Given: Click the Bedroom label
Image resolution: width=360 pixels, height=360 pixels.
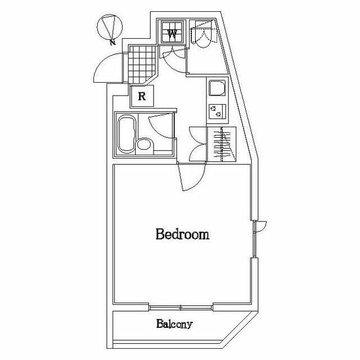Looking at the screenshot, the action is click(x=182, y=234).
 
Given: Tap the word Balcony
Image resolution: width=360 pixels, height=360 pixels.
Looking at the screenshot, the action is click(x=174, y=324).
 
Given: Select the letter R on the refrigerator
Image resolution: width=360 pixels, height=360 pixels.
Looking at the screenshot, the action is click(x=142, y=96).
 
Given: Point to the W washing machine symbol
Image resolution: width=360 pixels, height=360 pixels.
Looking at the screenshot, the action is click(x=172, y=32).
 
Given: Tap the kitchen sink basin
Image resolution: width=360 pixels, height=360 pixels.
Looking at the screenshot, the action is click(x=217, y=88).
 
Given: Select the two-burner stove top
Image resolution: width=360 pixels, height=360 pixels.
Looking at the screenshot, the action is click(x=217, y=111).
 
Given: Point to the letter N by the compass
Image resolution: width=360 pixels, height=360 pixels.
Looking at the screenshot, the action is click(x=112, y=42).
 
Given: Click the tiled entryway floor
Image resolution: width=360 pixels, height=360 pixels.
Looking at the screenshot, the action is click(x=141, y=64).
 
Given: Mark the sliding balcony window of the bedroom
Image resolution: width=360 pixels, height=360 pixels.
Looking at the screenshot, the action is click(x=181, y=308).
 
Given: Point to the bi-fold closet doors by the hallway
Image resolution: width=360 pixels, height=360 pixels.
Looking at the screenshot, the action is click(x=197, y=144).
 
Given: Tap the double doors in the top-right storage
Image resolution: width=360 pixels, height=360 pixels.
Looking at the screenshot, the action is click(x=204, y=34).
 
